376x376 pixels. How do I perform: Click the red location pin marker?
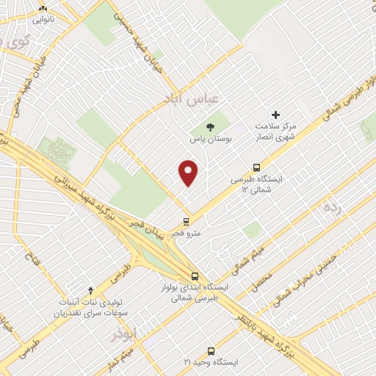tap(189, 173)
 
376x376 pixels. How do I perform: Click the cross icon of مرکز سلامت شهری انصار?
tap(276, 115)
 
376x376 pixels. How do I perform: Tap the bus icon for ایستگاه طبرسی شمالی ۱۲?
tap(256, 167)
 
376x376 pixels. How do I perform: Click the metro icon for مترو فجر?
tap(186, 221)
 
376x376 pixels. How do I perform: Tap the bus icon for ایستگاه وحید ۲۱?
tap(211, 350)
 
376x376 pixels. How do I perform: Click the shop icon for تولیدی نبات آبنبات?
tap(91, 290)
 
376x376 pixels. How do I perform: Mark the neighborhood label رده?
tap(333, 207)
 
